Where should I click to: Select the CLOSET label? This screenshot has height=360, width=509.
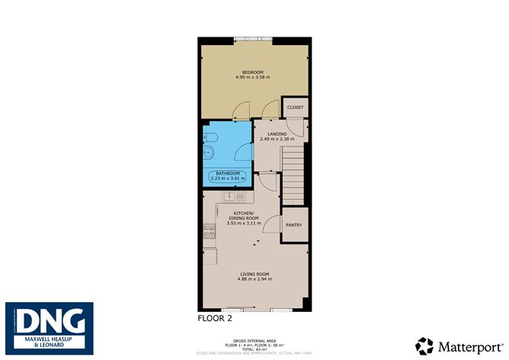(x=295, y=108)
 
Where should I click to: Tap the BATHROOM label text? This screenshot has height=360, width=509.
(x=228, y=174)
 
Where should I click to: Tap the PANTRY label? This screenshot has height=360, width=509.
(x=293, y=225)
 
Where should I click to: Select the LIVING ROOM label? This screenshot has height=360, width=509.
(x=254, y=274)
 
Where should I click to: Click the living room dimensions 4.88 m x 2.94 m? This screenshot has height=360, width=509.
(x=254, y=280)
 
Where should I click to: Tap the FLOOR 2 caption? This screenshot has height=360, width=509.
(x=215, y=317)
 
